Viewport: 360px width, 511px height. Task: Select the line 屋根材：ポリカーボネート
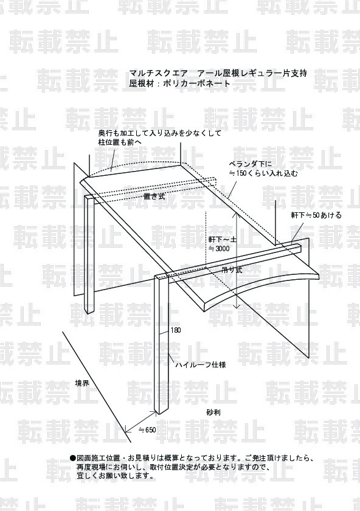[x=180, y=83]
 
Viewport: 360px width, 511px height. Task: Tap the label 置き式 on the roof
[x=154, y=196]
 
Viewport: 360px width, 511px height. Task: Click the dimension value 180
[x=175, y=330]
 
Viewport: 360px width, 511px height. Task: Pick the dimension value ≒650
[x=147, y=430]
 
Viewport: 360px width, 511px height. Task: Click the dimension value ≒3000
[x=219, y=249]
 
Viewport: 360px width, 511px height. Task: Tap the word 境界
[x=82, y=383]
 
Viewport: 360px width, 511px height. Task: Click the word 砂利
[x=213, y=412]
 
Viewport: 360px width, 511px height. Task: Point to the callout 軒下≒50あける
[x=316, y=215]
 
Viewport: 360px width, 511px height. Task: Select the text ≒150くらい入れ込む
[x=263, y=173]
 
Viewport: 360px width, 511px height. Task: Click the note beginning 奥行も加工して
[x=160, y=133]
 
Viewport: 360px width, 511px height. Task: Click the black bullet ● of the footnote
[x=73, y=458]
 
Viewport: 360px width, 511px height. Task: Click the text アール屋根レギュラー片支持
[x=252, y=73]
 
